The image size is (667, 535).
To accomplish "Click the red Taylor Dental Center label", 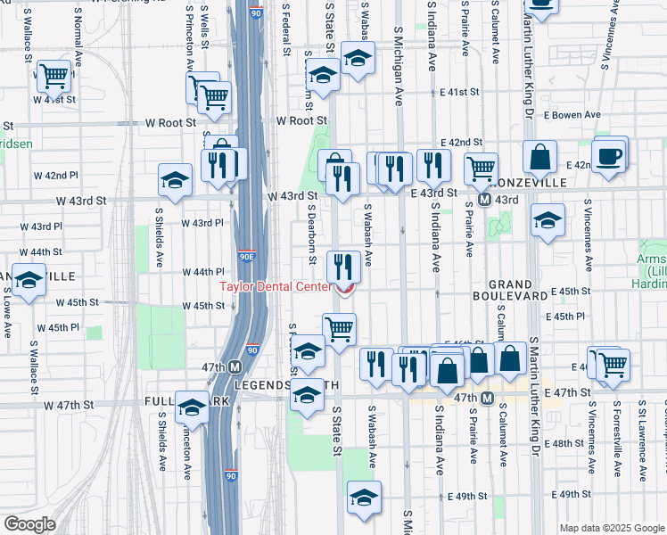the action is point(276,286).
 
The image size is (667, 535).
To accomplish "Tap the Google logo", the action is point(29,524).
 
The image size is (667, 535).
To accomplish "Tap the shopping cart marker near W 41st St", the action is point(54,77).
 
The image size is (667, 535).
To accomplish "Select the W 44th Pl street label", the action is point(203,272).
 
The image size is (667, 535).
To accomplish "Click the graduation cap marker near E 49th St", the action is point(363,499).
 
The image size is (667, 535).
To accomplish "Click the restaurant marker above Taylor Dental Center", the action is point(343,266).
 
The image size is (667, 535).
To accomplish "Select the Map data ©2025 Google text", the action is point(611,528).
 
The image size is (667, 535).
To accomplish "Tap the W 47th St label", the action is point(69,405).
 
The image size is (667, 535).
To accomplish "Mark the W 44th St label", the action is point(40,252).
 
